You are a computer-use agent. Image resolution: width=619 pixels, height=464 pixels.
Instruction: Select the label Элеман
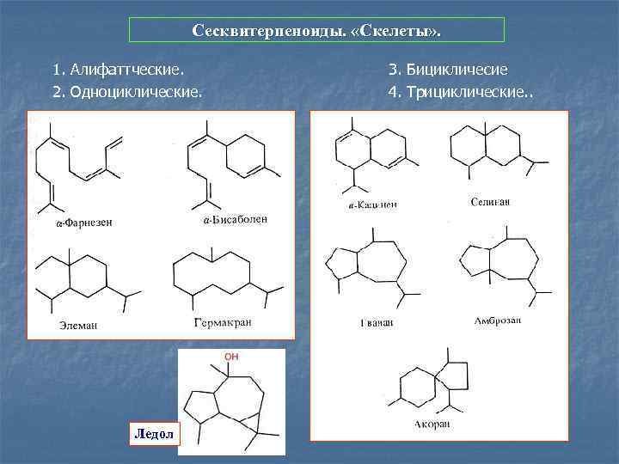point(78,325)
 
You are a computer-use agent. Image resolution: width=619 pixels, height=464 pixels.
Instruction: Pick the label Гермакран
point(223,322)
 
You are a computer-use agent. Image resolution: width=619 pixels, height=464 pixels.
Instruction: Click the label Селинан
point(491,202)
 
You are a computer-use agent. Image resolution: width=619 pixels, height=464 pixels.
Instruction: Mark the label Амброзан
point(497,321)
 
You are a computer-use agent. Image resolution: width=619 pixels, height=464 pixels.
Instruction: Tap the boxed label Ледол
point(153,434)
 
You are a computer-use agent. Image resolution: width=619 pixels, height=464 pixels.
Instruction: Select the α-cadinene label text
point(372,205)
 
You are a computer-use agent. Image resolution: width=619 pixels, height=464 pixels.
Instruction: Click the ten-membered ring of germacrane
point(211,275)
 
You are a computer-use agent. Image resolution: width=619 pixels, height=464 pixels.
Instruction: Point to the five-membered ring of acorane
point(452,375)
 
